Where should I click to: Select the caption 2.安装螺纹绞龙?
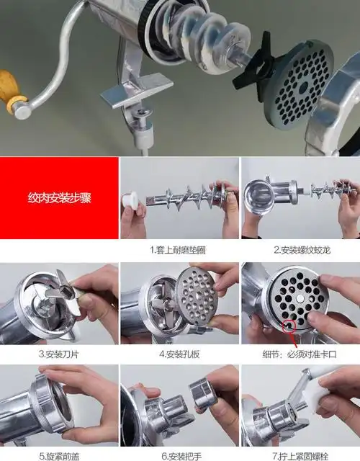pyautogui.click(x=300, y=250)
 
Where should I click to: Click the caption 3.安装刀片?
pyautogui.click(x=59, y=354)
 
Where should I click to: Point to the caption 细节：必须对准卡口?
pyautogui.click(x=300, y=354)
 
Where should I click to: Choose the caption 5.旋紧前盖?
pyautogui.click(x=59, y=455)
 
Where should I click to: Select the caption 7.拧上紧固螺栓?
pyautogui.click(x=300, y=455)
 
